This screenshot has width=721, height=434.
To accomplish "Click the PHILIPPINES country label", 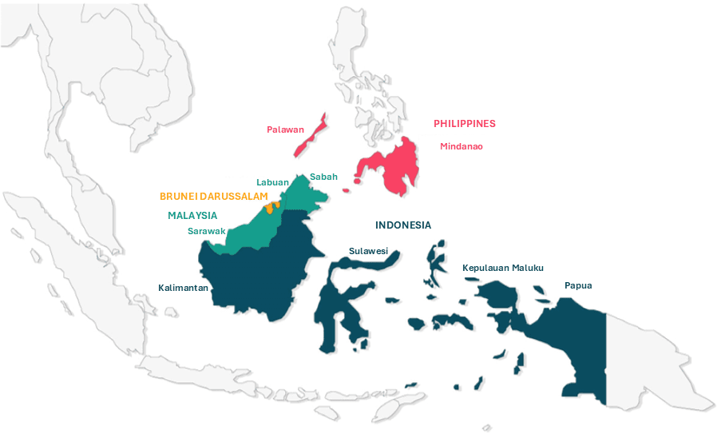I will click(x=464, y=124).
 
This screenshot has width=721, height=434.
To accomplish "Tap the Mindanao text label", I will click(x=462, y=146).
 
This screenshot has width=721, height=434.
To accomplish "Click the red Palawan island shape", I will click(x=308, y=140).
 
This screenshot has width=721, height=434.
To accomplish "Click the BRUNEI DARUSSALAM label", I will click(x=213, y=196).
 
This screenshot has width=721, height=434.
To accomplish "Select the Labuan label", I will click(x=272, y=182).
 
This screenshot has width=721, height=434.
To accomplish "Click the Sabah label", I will click(x=323, y=177).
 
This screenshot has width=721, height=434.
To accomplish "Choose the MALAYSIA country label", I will click(x=192, y=215).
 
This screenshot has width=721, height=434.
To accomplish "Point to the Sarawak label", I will click(x=206, y=232).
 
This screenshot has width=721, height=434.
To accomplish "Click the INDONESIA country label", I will click(x=403, y=225).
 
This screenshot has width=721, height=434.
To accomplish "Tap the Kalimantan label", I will click(x=183, y=287).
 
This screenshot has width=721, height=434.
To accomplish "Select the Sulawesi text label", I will click(x=368, y=251).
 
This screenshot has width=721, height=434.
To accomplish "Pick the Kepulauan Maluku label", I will click(x=503, y=268).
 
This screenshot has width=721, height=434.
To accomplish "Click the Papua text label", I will click(x=578, y=285).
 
